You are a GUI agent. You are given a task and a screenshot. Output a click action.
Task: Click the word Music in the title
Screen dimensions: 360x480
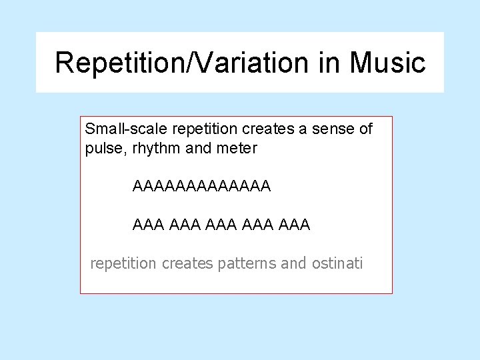tap(388, 63)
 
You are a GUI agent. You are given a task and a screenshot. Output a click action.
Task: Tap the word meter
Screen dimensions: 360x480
tap(236, 149)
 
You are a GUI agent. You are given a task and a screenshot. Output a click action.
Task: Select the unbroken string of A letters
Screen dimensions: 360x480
tap(202, 187)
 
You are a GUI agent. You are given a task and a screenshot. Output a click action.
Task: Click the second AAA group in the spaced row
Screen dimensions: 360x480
tap(185, 225)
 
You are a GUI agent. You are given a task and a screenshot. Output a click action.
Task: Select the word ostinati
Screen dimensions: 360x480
tap(337, 263)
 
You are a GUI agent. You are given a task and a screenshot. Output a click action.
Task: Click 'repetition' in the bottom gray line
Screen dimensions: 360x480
tap(123, 263)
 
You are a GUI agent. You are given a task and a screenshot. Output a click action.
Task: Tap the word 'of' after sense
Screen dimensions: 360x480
tap(365, 129)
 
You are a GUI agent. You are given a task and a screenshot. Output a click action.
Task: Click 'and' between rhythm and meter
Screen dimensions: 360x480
tap(198, 149)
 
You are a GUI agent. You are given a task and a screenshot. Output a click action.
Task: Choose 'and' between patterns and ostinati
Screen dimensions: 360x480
tap(294, 263)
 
